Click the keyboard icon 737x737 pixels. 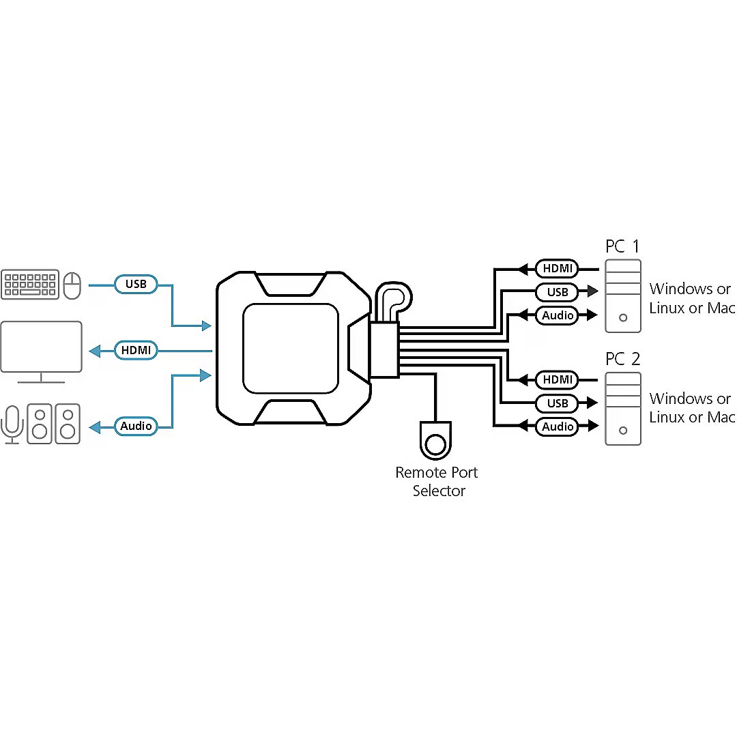29,284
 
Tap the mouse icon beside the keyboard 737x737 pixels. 72,285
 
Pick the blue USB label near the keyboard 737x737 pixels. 136,283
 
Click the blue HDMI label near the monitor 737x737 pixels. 136,351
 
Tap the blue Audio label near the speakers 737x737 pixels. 136,426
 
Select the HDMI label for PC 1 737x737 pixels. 558,268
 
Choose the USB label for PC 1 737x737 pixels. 558,292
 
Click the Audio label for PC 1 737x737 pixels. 558,315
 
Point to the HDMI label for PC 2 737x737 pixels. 558,379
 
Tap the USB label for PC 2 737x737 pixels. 558,403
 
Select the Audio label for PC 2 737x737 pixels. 558,427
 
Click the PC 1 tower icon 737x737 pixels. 623,295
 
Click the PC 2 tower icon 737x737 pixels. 623,408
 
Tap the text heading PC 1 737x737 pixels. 622,246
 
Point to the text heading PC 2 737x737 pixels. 622,359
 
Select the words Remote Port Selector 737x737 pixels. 437,481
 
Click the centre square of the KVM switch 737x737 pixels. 291,349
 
